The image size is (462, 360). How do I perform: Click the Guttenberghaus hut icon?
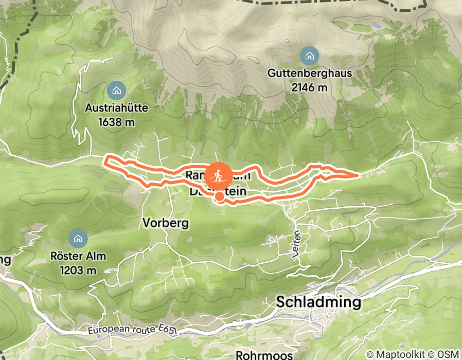tap(309, 55)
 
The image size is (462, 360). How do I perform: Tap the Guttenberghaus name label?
tap(309, 73)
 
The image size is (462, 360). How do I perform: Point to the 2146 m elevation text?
tap(309, 87)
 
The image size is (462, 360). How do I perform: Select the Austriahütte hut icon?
tap(116, 91)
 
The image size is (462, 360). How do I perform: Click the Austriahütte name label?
tap(116, 109)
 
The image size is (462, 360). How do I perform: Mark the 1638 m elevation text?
tap(116, 122)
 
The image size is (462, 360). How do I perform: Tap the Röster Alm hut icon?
tap(78, 238)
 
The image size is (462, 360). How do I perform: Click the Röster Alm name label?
tap(78, 256)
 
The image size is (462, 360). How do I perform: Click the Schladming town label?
tap(318, 302)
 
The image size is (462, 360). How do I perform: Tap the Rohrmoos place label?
tap(264, 355)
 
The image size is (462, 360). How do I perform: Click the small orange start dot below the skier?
tap(219, 196)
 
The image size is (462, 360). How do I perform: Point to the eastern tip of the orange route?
tap(357, 175)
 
